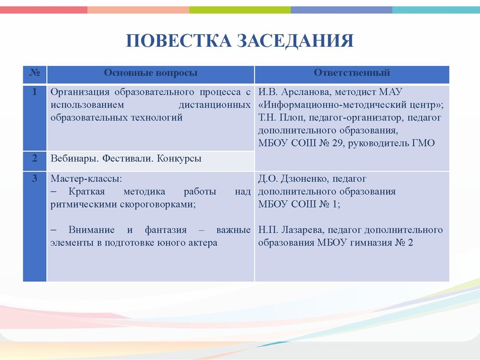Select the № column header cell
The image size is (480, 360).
tap(35, 73)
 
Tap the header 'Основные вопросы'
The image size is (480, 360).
tap(151, 73)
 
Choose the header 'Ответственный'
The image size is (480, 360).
tap(352, 73)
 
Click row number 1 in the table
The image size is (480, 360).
tap(35, 92)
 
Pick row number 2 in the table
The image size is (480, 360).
tap(35, 158)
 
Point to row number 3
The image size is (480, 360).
tap(35, 178)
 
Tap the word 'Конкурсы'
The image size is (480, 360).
tap(180, 159)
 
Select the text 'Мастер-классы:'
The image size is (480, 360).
tap(86, 179)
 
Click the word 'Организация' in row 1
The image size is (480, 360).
tap(80, 92)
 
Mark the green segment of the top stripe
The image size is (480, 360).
tap(240, 10)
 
